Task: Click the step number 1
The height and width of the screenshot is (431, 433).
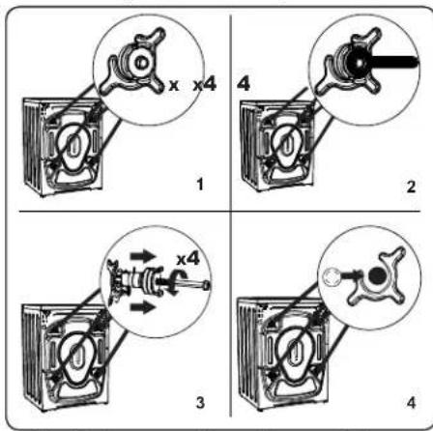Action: tap(200, 185)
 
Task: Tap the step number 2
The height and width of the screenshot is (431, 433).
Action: tap(411, 187)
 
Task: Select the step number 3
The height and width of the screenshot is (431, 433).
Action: tap(200, 403)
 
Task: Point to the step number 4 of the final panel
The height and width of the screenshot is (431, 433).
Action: tap(411, 403)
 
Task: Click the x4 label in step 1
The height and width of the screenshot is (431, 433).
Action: tap(205, 84)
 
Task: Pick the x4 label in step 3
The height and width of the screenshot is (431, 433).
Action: tap(188, 259)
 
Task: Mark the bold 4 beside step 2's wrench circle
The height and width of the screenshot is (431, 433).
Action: tap(244, 84)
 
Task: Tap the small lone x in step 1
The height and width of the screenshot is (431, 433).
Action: tap(174, 85)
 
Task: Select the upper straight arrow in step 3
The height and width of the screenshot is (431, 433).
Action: tap(143, 256)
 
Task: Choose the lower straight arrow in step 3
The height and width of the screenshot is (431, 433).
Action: tap(143, 307)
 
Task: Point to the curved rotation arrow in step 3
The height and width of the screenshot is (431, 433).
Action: tap(178, 281)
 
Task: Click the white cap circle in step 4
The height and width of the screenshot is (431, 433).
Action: tap(331, 276)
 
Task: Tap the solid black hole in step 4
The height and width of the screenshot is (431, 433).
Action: tap(377, 276)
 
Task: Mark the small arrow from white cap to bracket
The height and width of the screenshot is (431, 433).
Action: tap(351, 274)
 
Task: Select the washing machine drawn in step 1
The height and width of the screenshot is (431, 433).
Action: tap(64, 147)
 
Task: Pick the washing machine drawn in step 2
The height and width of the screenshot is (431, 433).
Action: tap(278, 146)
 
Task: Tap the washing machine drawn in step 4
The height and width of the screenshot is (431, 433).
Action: tap(283, 355)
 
